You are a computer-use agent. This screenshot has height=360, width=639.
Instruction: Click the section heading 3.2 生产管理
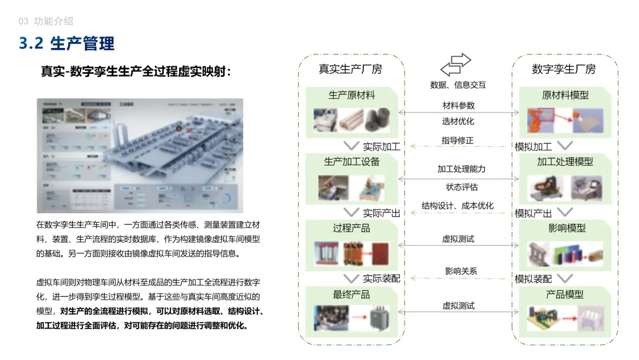tap(67, 44)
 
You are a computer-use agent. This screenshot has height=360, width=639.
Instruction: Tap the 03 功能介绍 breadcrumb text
tap(46, 21)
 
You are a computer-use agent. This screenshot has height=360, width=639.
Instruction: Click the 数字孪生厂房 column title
tap(564, 69)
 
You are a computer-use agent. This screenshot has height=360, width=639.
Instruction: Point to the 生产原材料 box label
tap(351, 95)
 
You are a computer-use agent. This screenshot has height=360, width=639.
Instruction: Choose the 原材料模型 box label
tap(565, 95)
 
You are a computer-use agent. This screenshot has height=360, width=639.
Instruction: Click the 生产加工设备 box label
tap(351, 162)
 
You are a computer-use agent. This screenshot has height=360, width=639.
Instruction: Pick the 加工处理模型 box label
tap(565, 162)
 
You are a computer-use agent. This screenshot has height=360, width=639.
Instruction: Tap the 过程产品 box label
tap(351, 228)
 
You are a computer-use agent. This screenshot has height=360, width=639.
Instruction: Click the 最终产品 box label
tap(351, 294)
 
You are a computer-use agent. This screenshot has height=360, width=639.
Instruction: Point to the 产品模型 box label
tap(565, 294)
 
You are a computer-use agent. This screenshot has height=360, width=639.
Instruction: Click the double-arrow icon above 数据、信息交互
tap(456, 64)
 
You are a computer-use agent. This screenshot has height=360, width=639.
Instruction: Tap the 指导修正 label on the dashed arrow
tap(457, 141)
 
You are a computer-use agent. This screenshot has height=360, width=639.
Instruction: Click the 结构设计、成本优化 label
tap(457, 206)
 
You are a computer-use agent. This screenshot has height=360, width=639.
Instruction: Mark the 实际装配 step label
tap(382, 279)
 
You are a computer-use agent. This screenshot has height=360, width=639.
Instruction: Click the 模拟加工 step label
tap(533, 147)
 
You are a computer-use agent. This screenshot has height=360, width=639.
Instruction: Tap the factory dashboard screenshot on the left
tap(140, 156)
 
